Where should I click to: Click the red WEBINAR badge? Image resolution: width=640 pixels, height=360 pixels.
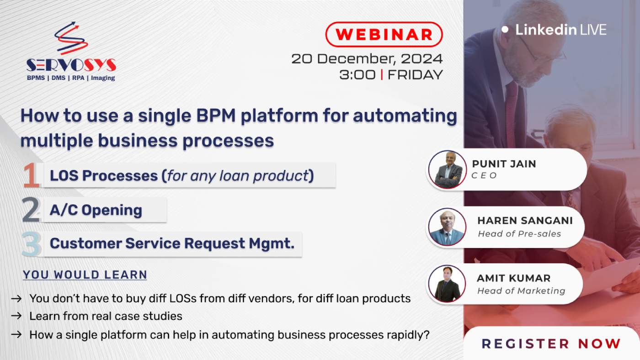[384, 34]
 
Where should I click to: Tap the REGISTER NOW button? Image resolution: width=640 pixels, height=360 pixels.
[551, 344]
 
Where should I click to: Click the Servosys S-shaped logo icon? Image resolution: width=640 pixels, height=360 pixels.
[71, 38]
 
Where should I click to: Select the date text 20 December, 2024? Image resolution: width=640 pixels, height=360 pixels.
[367, 58]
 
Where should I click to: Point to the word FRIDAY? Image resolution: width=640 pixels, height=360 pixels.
[415, 74]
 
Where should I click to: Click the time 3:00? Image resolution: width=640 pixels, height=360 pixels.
[357, 74]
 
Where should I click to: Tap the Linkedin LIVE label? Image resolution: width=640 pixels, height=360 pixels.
[561, 30]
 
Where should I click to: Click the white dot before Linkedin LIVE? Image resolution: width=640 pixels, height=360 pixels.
[505, 29]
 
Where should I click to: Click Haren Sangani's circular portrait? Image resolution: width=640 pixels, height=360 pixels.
[447, 227]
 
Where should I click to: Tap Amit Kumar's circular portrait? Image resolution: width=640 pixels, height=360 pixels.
[447, 284]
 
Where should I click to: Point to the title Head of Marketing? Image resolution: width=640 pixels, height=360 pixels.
[521, 291]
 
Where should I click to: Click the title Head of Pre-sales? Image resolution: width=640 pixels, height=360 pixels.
[519, 233]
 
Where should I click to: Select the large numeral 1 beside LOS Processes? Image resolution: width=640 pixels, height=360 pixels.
[31, 175]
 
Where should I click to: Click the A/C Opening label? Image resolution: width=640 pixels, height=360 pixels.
[96, 210]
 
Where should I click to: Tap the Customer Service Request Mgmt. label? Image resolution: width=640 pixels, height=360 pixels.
[172, 244]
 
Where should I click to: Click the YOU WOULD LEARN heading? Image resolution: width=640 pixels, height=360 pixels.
[85, 275]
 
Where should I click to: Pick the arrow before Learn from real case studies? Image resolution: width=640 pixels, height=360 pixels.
[16, 316]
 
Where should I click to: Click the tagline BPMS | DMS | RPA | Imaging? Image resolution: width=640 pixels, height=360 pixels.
[71, 78]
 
